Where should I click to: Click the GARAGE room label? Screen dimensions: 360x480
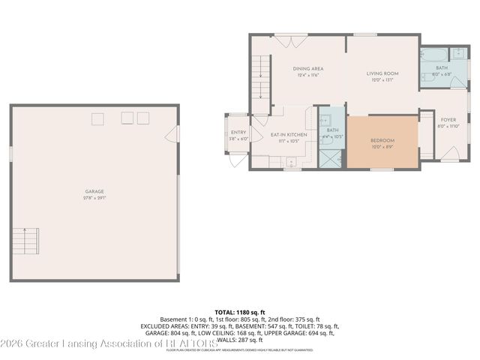coord(94,191)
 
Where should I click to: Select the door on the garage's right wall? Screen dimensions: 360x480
coord(176,134)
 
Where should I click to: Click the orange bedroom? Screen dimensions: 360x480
coord(382,142)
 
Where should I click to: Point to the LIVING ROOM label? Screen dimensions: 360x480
coord(382,73)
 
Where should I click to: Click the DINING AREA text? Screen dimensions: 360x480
coord(308,69)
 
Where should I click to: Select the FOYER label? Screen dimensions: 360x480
coord(448,120)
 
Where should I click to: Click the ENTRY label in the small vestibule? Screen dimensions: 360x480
coord(238,133)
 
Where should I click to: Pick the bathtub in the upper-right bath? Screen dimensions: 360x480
coord(433,55)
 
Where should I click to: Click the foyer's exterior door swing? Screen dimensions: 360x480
coord(449,154)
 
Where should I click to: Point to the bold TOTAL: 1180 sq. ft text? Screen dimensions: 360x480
coord(240,311)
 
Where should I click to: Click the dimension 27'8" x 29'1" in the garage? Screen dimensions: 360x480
coord(94,198)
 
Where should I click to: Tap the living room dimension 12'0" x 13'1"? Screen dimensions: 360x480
coord(382,80)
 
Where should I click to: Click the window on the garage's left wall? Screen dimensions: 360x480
coord(10,153)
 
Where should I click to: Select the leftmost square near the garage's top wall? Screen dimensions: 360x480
coord(98,118)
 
